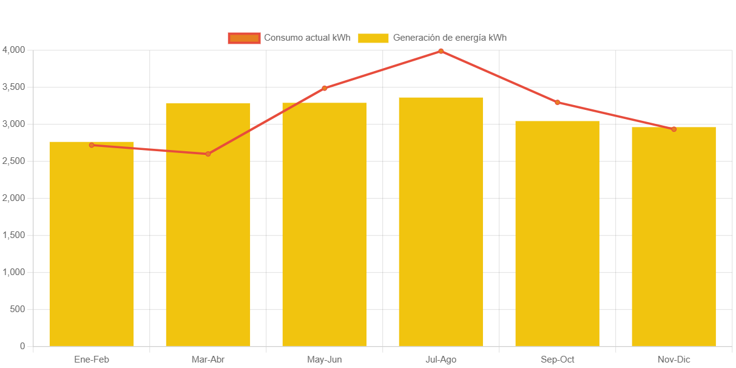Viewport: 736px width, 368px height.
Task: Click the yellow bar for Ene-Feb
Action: tap(92, 244)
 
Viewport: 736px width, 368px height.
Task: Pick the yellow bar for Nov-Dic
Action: tap(674, 236)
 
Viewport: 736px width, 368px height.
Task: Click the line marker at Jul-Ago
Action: tap(441, 51)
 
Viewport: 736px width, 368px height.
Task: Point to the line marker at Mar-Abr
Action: tap(208, 154)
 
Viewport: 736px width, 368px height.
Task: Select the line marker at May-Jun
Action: tap(325, 88)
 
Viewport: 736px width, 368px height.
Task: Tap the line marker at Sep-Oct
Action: tap(557, 102)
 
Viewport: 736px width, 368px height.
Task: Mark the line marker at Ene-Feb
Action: tap(92, 145)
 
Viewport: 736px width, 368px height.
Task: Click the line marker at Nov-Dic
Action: tap(674, 129)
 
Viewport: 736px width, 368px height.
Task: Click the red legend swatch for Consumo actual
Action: tap(244, 38)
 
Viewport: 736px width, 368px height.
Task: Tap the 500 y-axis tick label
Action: tap(18, 309)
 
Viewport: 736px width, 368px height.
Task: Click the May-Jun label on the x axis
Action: tap(325, 359)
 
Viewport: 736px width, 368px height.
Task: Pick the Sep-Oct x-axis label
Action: tap(557, 359)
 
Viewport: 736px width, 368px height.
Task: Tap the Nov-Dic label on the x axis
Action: tap(674, 359)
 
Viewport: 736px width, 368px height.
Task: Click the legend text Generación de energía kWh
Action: tap(450, 38)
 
